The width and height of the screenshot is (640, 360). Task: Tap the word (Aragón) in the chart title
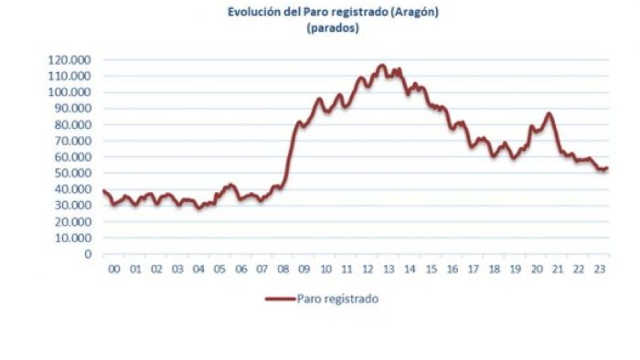414,12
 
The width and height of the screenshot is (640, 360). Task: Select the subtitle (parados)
333,28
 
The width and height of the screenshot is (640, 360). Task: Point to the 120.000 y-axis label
69,60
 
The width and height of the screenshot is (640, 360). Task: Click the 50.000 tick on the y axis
73,173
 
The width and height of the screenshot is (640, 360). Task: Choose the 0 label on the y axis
88,254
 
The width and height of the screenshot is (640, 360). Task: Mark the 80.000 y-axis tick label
73,125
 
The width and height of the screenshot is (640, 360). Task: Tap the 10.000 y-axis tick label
73,237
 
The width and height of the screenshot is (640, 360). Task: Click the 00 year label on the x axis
114,270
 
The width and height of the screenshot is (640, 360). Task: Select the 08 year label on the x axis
283,270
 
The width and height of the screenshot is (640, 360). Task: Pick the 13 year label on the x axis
389,270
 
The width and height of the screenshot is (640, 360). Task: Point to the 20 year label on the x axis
537,270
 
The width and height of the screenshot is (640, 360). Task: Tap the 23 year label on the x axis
599,270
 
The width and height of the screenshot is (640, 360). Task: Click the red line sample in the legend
280,299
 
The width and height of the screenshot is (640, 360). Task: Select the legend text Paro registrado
338,299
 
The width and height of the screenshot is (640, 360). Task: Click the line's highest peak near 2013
381,65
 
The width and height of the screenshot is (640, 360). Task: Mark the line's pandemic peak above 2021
548,114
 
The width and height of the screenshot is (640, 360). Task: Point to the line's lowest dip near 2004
199,208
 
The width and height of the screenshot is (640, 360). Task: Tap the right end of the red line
608,168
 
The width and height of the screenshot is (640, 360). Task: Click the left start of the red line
103,191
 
